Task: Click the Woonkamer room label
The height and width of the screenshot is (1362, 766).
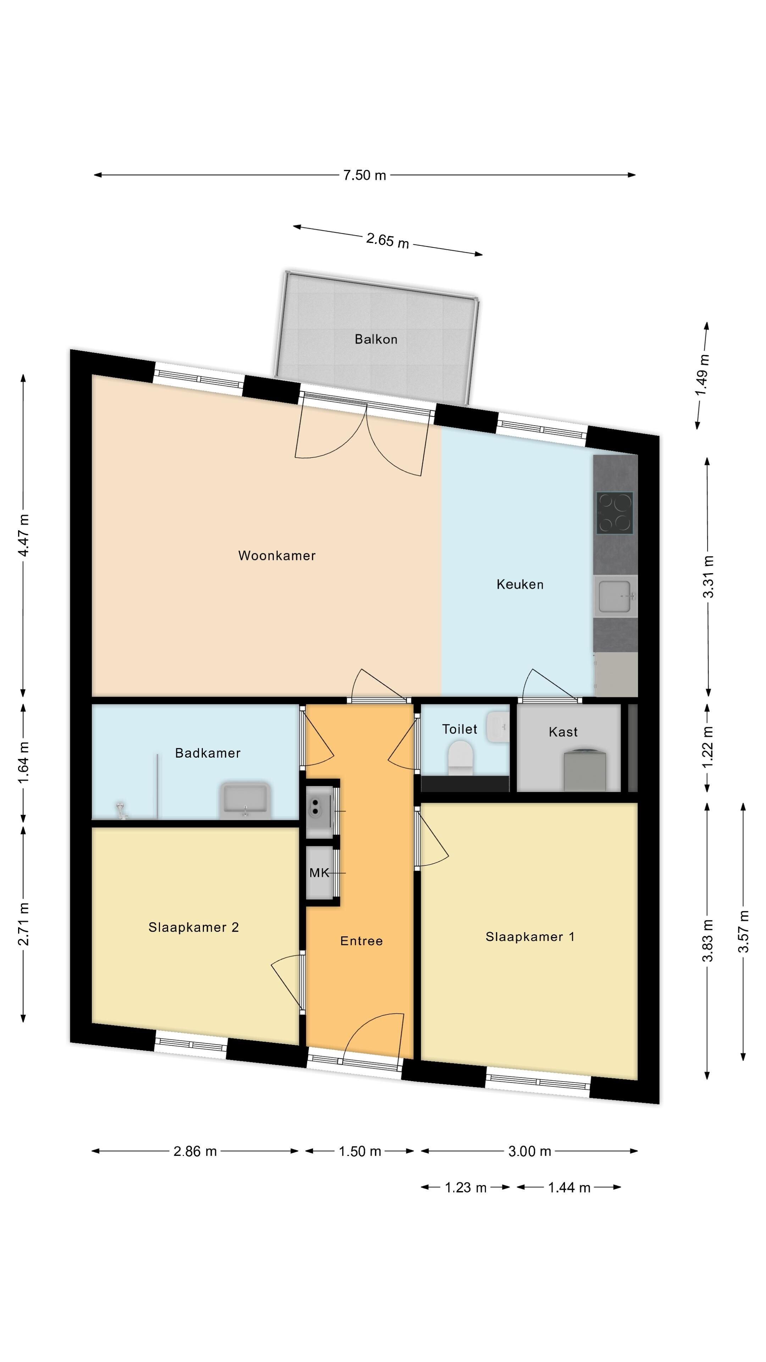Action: click(x=277, y=556)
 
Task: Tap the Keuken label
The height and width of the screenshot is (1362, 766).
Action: click(x=520, y=584)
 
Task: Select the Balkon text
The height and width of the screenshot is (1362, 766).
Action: click(x=376, y=339)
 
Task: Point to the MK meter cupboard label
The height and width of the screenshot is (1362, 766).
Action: click(x=319, y=873)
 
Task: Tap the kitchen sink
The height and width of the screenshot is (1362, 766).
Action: click(x=616, y=596)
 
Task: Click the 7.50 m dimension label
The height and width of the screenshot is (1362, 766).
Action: click(x=365, y=175)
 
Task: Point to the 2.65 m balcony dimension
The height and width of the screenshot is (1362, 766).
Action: click(x=388, y=240)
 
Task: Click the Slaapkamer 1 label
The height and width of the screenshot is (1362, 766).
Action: click(x=530, y=937)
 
